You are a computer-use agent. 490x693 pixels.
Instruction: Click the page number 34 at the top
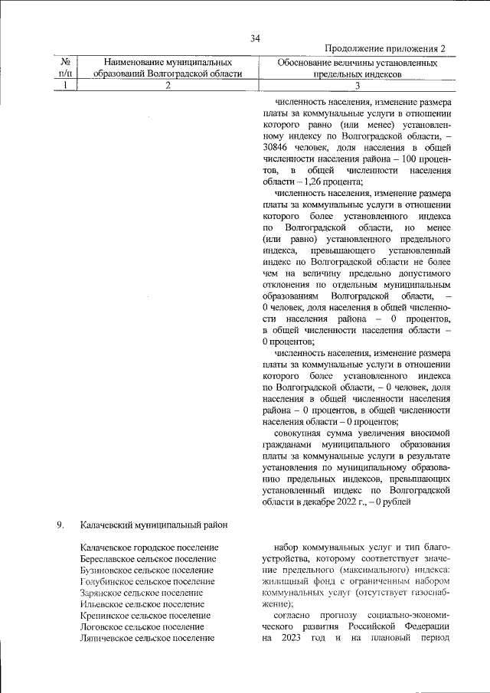256,39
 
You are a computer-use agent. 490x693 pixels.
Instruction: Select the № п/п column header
65,67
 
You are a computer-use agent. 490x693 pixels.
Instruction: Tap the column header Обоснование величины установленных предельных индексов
357,67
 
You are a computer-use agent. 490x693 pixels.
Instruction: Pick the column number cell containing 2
167,86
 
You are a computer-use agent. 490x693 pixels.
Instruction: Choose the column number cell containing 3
357,86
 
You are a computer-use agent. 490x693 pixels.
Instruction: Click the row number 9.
59,525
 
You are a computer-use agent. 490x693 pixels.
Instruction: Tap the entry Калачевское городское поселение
149,548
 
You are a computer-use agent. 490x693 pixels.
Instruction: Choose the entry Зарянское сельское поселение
142,593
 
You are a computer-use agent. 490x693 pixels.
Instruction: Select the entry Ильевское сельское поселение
142,604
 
